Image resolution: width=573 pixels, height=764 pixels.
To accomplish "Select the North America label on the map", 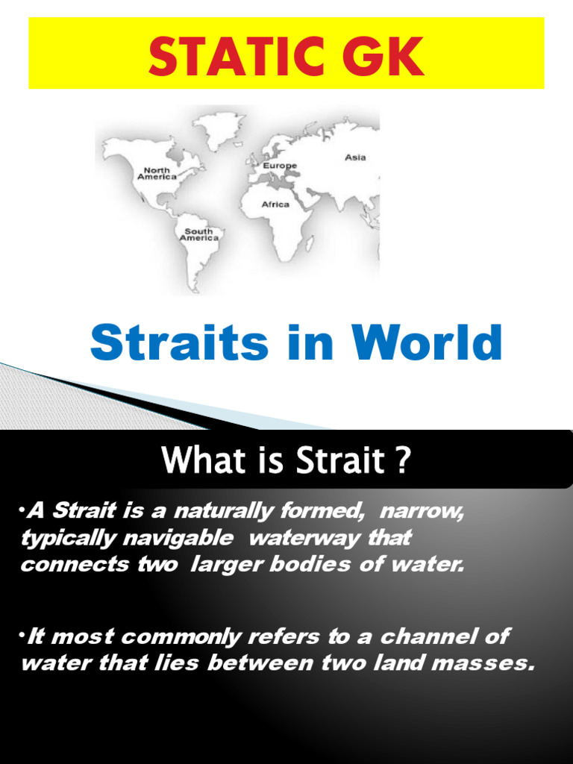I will [157, 174].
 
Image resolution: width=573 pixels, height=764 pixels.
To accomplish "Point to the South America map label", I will [198, 234].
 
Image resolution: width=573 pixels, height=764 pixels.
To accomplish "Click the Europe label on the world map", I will [280, 166].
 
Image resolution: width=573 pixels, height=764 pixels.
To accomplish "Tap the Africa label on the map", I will [275, 204].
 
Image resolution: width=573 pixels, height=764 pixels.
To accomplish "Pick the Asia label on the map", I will [355, 157].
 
